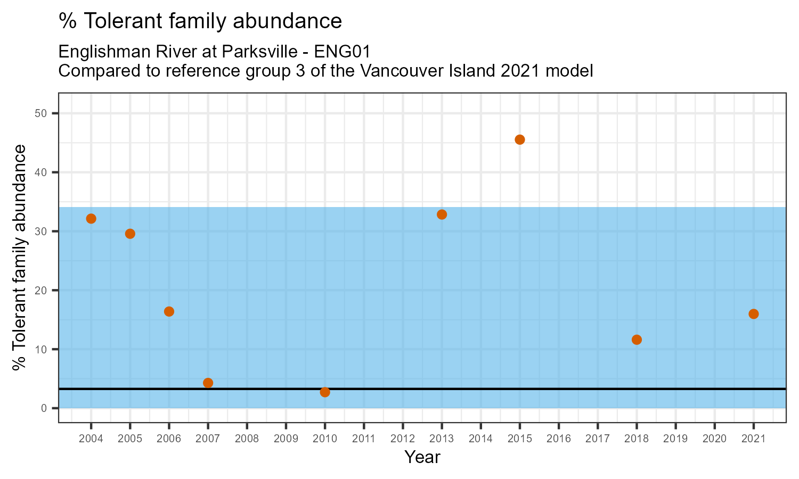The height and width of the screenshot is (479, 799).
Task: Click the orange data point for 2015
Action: click(x=520, y=139)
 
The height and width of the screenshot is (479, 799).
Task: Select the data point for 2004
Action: click(x=91, y=219)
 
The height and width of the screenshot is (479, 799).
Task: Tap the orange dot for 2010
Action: click(x=325, y=392)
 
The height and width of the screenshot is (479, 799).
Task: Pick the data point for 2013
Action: click(x=442, y=214)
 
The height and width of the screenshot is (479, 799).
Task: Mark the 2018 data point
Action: click(x=637, y=340)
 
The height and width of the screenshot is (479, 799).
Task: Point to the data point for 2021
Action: click(x=753, y=314)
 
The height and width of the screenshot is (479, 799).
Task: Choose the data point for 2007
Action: click(x=208, y=383)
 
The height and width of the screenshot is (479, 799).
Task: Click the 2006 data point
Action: click(x=169, y=311)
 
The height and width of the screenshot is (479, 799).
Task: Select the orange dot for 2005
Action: click(x=130, y=234)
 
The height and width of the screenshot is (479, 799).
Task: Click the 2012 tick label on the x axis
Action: click(x=403, y=439)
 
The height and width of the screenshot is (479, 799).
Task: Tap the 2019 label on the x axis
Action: click(x=675, y=439)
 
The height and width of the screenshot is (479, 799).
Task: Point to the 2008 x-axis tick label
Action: click(x=247, y=439)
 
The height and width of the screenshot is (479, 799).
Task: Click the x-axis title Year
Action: click(x=422, y=457)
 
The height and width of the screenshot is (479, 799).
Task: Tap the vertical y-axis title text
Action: click(x=20, y=258)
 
